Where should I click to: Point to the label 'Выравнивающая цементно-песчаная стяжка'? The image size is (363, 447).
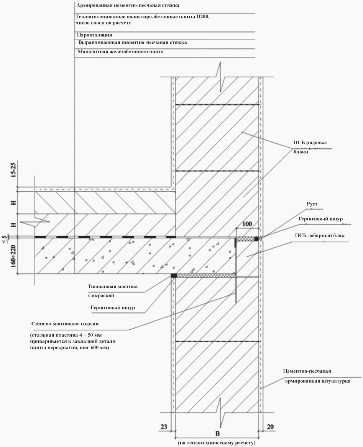tap(133, 43)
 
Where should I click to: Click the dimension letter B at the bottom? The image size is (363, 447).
tap(217, 434)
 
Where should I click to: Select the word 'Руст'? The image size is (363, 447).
tap(312, 204)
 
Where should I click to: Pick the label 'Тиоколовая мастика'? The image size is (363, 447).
tap(112, 286)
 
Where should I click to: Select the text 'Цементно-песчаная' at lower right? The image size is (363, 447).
tap(307, 371)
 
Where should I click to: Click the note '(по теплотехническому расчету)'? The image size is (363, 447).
tap(217, 443)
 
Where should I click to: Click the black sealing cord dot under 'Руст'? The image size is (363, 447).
tap(256, 239)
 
